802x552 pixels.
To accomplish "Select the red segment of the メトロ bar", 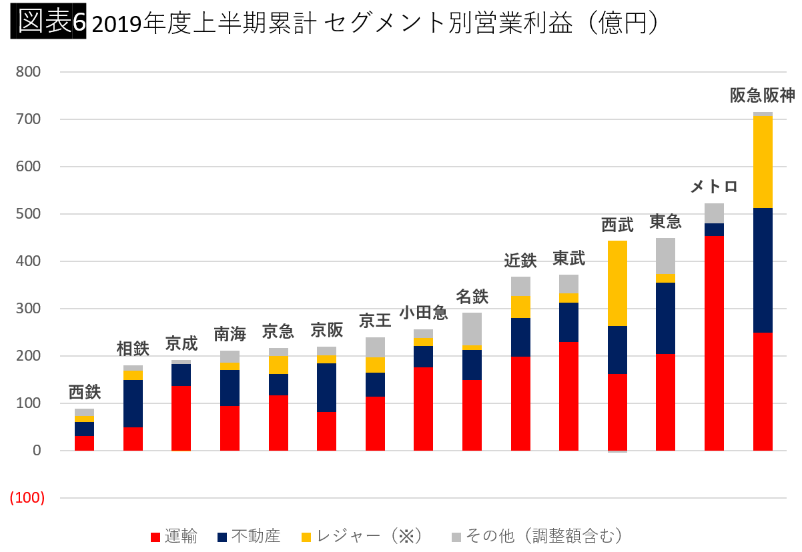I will [x=714, y=343].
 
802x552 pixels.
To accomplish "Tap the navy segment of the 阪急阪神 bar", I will [x=763, y=270].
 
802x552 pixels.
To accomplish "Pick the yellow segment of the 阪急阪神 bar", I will [x=763, y=162].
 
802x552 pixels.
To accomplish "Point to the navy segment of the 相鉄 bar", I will [x=133, y=403].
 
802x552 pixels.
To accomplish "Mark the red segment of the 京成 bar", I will [x=181, y=418].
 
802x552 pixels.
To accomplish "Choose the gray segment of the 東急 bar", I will [x=665, y=256].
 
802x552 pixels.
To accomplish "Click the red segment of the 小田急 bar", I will [x=423, y=409].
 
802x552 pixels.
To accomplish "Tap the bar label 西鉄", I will [x=85, y=392].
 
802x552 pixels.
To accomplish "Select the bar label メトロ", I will [x=714, y=187].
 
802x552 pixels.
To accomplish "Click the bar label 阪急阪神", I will [x=762, y=96].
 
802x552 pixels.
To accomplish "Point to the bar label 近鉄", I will [x=520, y=261].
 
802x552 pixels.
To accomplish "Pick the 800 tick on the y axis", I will [x=29, y=71].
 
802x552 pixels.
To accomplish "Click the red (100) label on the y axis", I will [x=27, y=498].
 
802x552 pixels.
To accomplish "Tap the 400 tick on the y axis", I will [x=29, y=261].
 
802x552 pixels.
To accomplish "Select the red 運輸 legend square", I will [x=155, y=537].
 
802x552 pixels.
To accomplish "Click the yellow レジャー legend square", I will [x=306, y=537].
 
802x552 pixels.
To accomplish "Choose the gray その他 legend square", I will [x=456, y=537].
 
